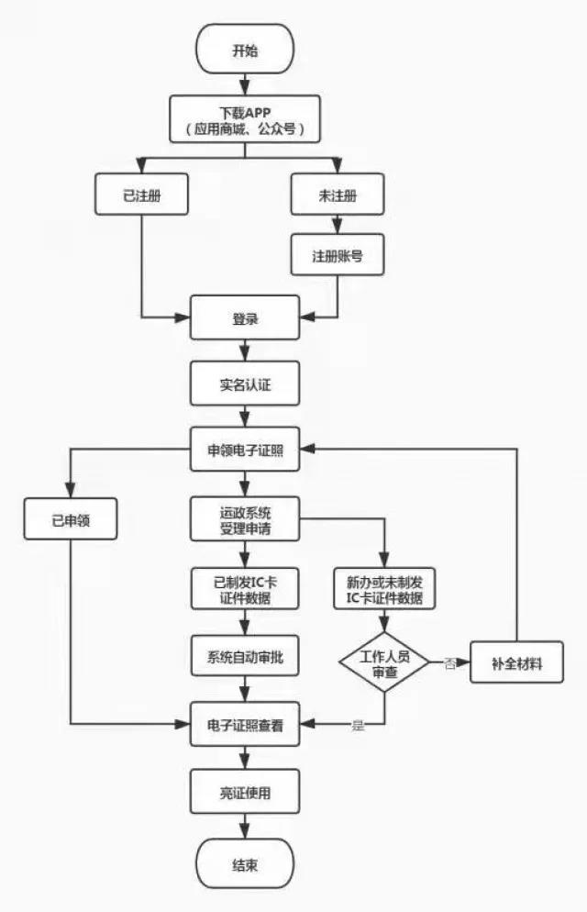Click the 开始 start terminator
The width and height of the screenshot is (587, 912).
pyautogui.click(x=245, y=50)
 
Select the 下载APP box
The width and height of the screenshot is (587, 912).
pyautogui.click(x=245, y=120)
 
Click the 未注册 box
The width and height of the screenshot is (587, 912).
pyautogui.click(x=337, y=194)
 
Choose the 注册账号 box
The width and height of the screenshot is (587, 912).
pyautogui.click(x=337, y=254)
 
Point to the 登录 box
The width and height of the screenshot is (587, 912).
pyautogui.click(x=245, y=318)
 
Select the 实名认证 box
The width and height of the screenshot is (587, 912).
pyautogui.click(x=245, y=384)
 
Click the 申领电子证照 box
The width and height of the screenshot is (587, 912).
pyautogui.click(x=245, y=450)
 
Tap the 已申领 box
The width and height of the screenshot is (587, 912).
pyautogui.click(x=71, y=520)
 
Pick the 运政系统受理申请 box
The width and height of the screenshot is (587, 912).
pyautogui.click(x=245, y=520)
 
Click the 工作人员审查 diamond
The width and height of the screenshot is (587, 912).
pyautogui.click(x=384, y=662)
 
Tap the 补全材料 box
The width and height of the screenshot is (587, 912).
pyautogui.click(x=517, y=662)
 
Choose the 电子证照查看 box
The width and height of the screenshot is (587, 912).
pyautogui.click(x=245, y=725)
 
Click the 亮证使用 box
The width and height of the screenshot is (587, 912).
pyautogui.click(x=245, y=790)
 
